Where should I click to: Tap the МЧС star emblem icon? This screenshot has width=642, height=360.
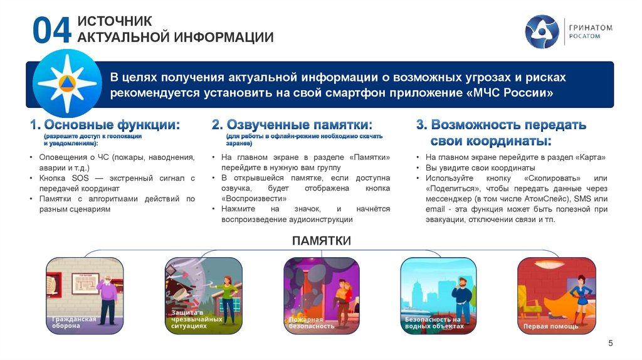click(x=66, y=82)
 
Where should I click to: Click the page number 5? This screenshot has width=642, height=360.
click(x=611, y=342)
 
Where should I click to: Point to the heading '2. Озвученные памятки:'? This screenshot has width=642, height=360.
click(x=292, y=124)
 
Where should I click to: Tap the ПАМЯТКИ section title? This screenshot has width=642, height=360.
click(x=320, y=241)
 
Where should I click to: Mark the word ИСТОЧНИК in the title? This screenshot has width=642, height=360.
click(x=114, y=21)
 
